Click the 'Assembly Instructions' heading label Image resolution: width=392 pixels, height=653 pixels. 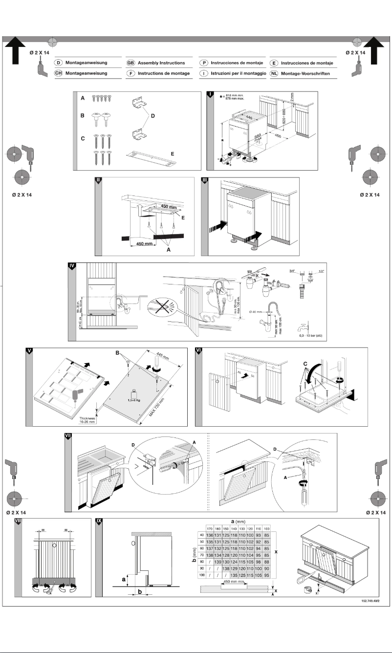pos(161,63)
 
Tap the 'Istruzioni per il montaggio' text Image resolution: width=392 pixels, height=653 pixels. pos(238,73)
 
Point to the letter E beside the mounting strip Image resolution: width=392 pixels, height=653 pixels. pos(172,153)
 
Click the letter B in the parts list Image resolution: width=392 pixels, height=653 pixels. pos(83,117)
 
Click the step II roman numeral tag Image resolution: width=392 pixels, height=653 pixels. pos(98,180)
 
